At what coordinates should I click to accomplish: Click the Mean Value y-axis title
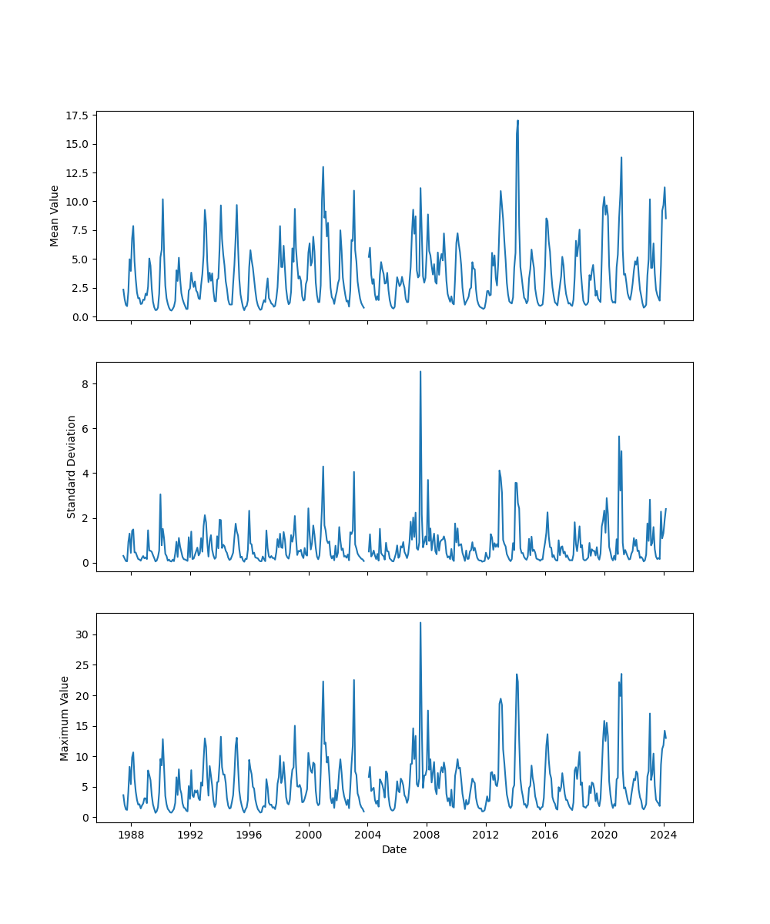(55, 216)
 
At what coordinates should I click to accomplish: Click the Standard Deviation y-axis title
(72, 467)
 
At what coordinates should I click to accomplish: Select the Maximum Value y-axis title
(65, 718)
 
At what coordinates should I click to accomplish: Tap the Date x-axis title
(394, 849)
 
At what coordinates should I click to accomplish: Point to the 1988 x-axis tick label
(131, 835)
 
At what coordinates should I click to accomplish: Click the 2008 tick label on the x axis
(427, 835)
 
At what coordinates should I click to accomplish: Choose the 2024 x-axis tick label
(664, 835)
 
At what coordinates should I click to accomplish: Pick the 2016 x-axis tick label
(545, 835)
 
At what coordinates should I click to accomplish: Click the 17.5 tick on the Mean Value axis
(77, 115)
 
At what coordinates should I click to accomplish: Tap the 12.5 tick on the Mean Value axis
(77, 173)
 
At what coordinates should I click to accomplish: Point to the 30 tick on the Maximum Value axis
(83, 634)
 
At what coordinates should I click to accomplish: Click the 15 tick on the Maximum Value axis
(83, 726)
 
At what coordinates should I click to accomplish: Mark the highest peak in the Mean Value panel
(517, 120)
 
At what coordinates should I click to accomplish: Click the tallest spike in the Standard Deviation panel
(420, 372)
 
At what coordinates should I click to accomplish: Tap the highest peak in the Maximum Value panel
(420, 623)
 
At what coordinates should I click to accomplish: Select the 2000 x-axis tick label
(309, 835)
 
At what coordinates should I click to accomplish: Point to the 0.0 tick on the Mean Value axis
(80, 316)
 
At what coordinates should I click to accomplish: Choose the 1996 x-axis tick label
(249, 835)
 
